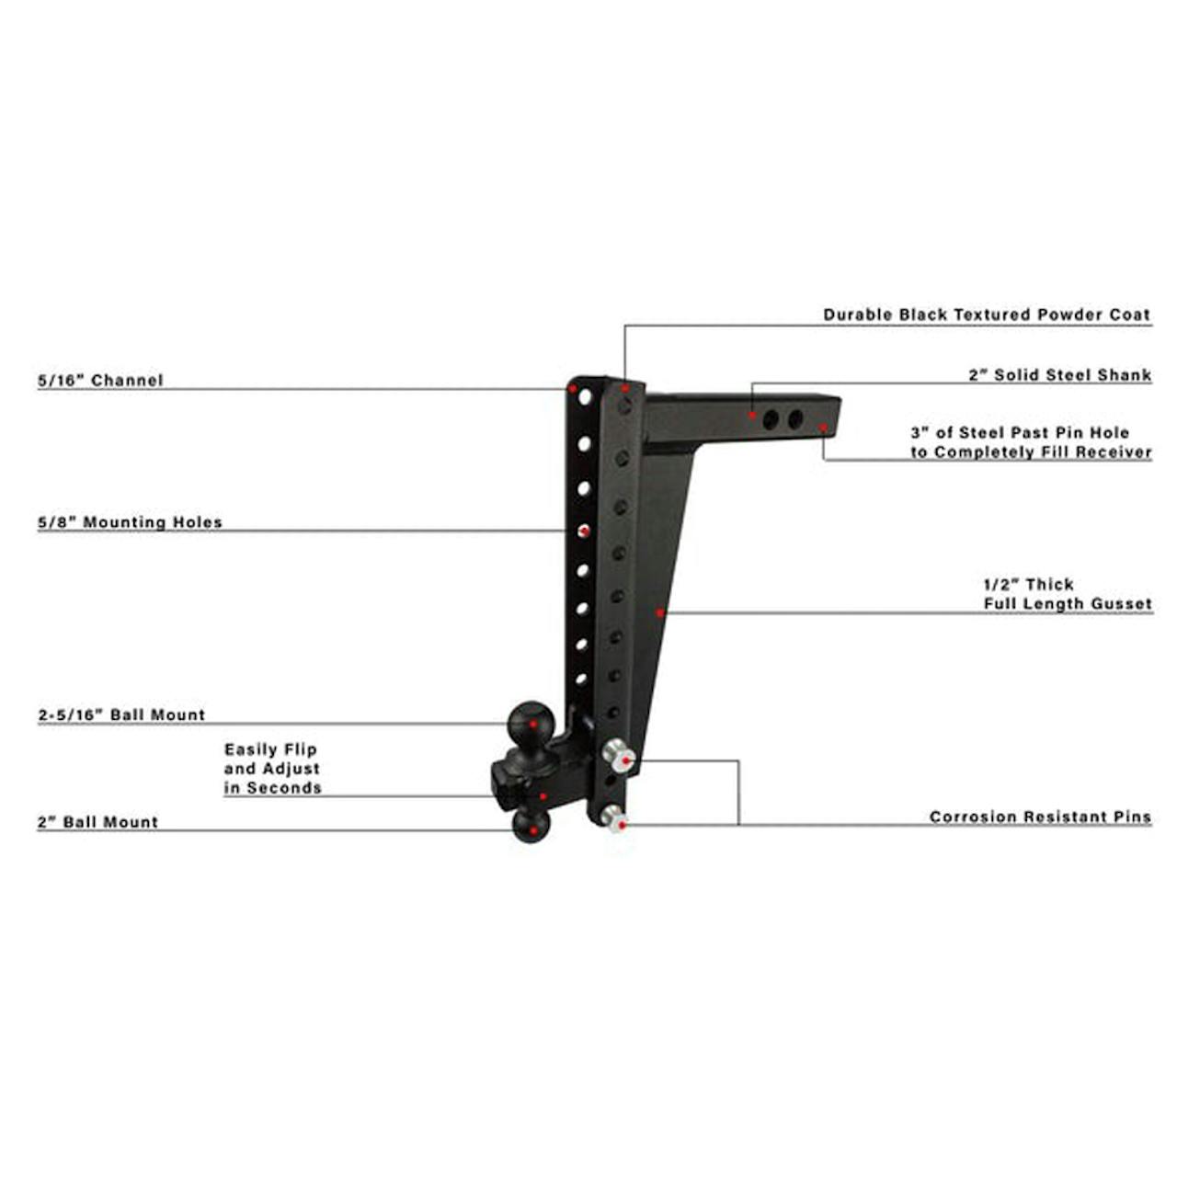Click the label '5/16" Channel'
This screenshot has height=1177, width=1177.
point(101,380)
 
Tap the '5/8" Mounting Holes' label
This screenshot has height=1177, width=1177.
point(130,522)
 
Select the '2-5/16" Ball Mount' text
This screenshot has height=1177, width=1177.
point(121,714)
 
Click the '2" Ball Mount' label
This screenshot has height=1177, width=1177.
point(97,822)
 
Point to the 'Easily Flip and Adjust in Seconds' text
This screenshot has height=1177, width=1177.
point(272,769)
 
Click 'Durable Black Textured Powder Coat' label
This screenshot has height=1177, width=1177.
point(987,314)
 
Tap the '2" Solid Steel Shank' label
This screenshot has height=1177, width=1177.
point(1060,375)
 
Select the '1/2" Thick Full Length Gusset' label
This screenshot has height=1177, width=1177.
point(1068,594)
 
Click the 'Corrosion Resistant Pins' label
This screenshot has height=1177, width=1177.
point(1041,817)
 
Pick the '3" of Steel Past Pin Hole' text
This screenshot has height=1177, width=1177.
point(1020,432)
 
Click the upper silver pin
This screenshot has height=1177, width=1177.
point(619,757)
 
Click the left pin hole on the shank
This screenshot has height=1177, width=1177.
point(771,419)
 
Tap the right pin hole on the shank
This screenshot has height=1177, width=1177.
point(795,419)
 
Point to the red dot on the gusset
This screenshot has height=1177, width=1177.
point(660,612)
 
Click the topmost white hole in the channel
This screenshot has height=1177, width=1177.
point(585,397)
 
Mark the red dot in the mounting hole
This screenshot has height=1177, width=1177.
point(583,531)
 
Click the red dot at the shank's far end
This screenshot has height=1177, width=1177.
point(823,427)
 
